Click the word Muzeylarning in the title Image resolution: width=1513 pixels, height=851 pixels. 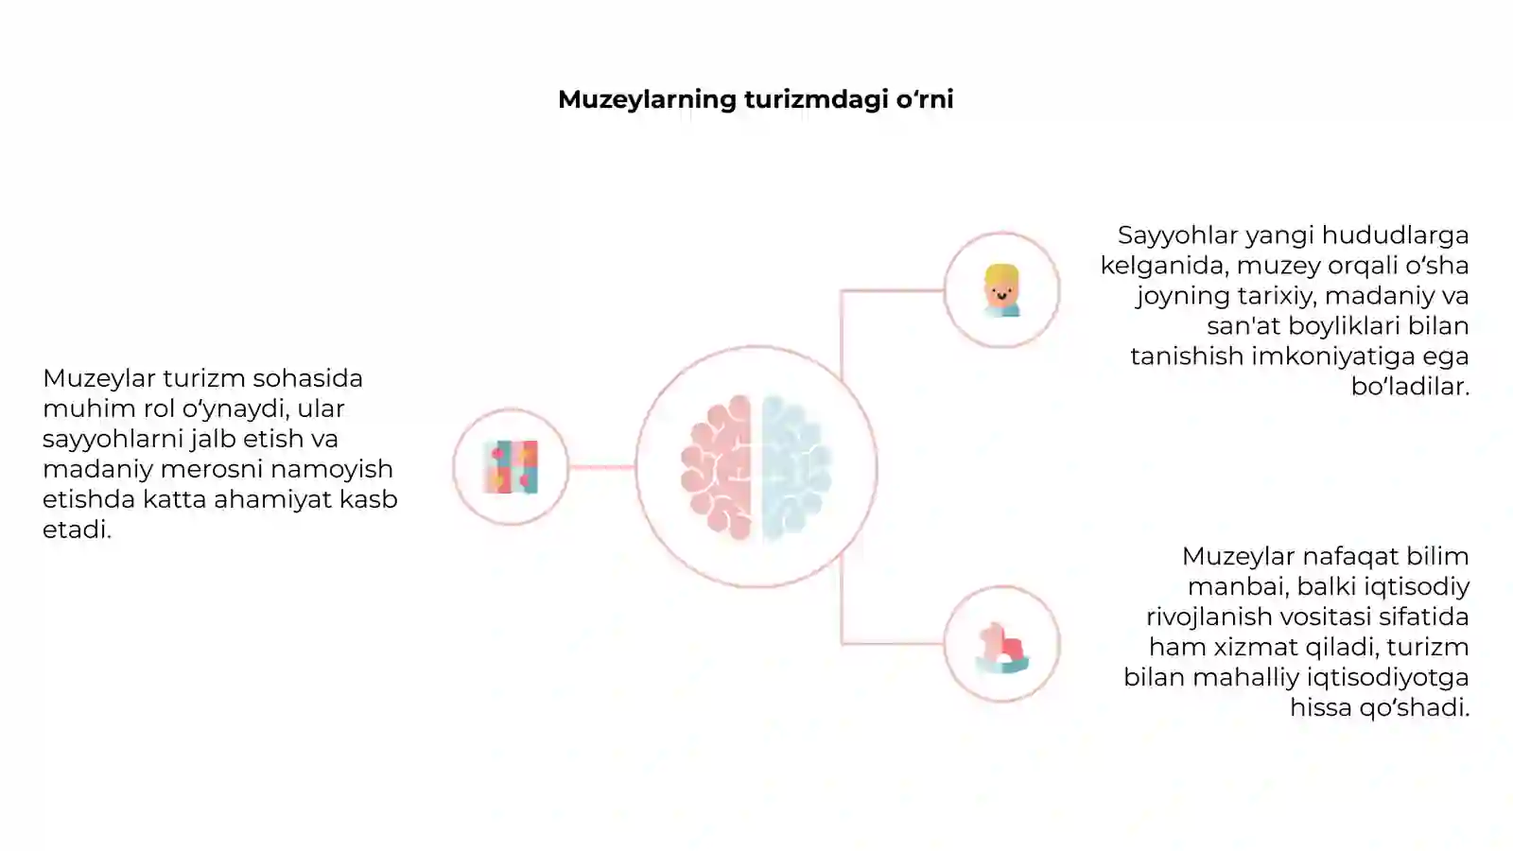(x=647, y=100)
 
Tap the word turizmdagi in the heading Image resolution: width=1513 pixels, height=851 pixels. (x=816, y=100)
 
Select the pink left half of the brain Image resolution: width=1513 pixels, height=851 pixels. (x=716, y=467)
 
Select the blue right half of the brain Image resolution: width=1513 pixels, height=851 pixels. (x=796, y=467)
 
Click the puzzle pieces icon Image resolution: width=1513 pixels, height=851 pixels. (x=511, y=467)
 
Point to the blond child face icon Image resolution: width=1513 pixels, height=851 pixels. (x=1001, y=290)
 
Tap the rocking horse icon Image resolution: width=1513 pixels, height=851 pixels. (x=1001, y=648)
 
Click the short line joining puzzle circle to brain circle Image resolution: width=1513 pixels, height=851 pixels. (x=601, y=467)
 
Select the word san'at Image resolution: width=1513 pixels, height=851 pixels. (x=1243, y=326)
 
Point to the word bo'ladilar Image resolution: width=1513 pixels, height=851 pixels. (x=1410, y=387)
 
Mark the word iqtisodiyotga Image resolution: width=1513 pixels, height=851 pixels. (x=1390, y=677)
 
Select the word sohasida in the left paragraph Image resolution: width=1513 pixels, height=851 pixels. (x=308, y=379)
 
